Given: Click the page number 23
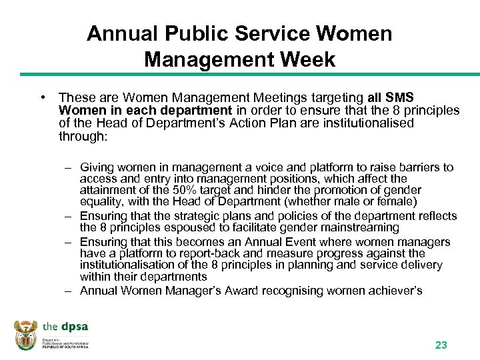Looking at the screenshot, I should [x=441, y=345].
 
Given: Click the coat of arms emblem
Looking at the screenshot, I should [x=26, y=335].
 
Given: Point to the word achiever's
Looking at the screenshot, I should [x=395, y=290].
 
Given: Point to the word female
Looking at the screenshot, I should [x=397, y=201].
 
